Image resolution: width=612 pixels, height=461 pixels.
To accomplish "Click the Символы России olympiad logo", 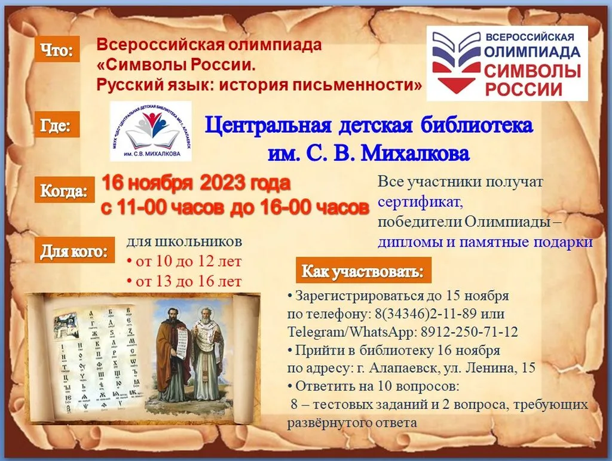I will [507, 63].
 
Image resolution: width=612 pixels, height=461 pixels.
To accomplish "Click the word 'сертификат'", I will [420, 203].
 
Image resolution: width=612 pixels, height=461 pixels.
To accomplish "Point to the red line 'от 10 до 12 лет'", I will [184, 262].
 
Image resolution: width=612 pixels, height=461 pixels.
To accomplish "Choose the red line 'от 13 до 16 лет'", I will [184, 281].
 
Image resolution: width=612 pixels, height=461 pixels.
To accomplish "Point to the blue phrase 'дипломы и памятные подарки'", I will [485, 242].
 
